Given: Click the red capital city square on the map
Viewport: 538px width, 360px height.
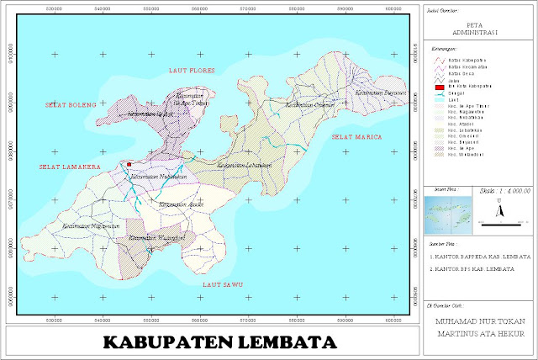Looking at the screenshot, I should click(129, 165).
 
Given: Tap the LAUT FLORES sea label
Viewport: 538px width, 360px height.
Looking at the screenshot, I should click(192, 70).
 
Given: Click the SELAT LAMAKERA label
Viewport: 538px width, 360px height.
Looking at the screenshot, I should click(70, 167).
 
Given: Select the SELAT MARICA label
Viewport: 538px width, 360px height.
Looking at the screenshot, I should click(356, 136).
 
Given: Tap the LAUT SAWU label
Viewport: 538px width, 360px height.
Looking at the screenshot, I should click(222, 285).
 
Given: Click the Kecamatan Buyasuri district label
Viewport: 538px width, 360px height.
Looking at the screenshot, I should click(381, 93).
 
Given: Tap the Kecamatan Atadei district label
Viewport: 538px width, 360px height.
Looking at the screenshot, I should click(178, 204).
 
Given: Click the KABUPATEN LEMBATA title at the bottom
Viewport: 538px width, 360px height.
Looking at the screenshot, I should click(219, 343).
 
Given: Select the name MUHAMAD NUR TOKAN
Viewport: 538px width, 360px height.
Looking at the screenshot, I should click(476, 320).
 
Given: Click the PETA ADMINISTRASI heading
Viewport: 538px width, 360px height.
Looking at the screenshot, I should click(476, 29).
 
